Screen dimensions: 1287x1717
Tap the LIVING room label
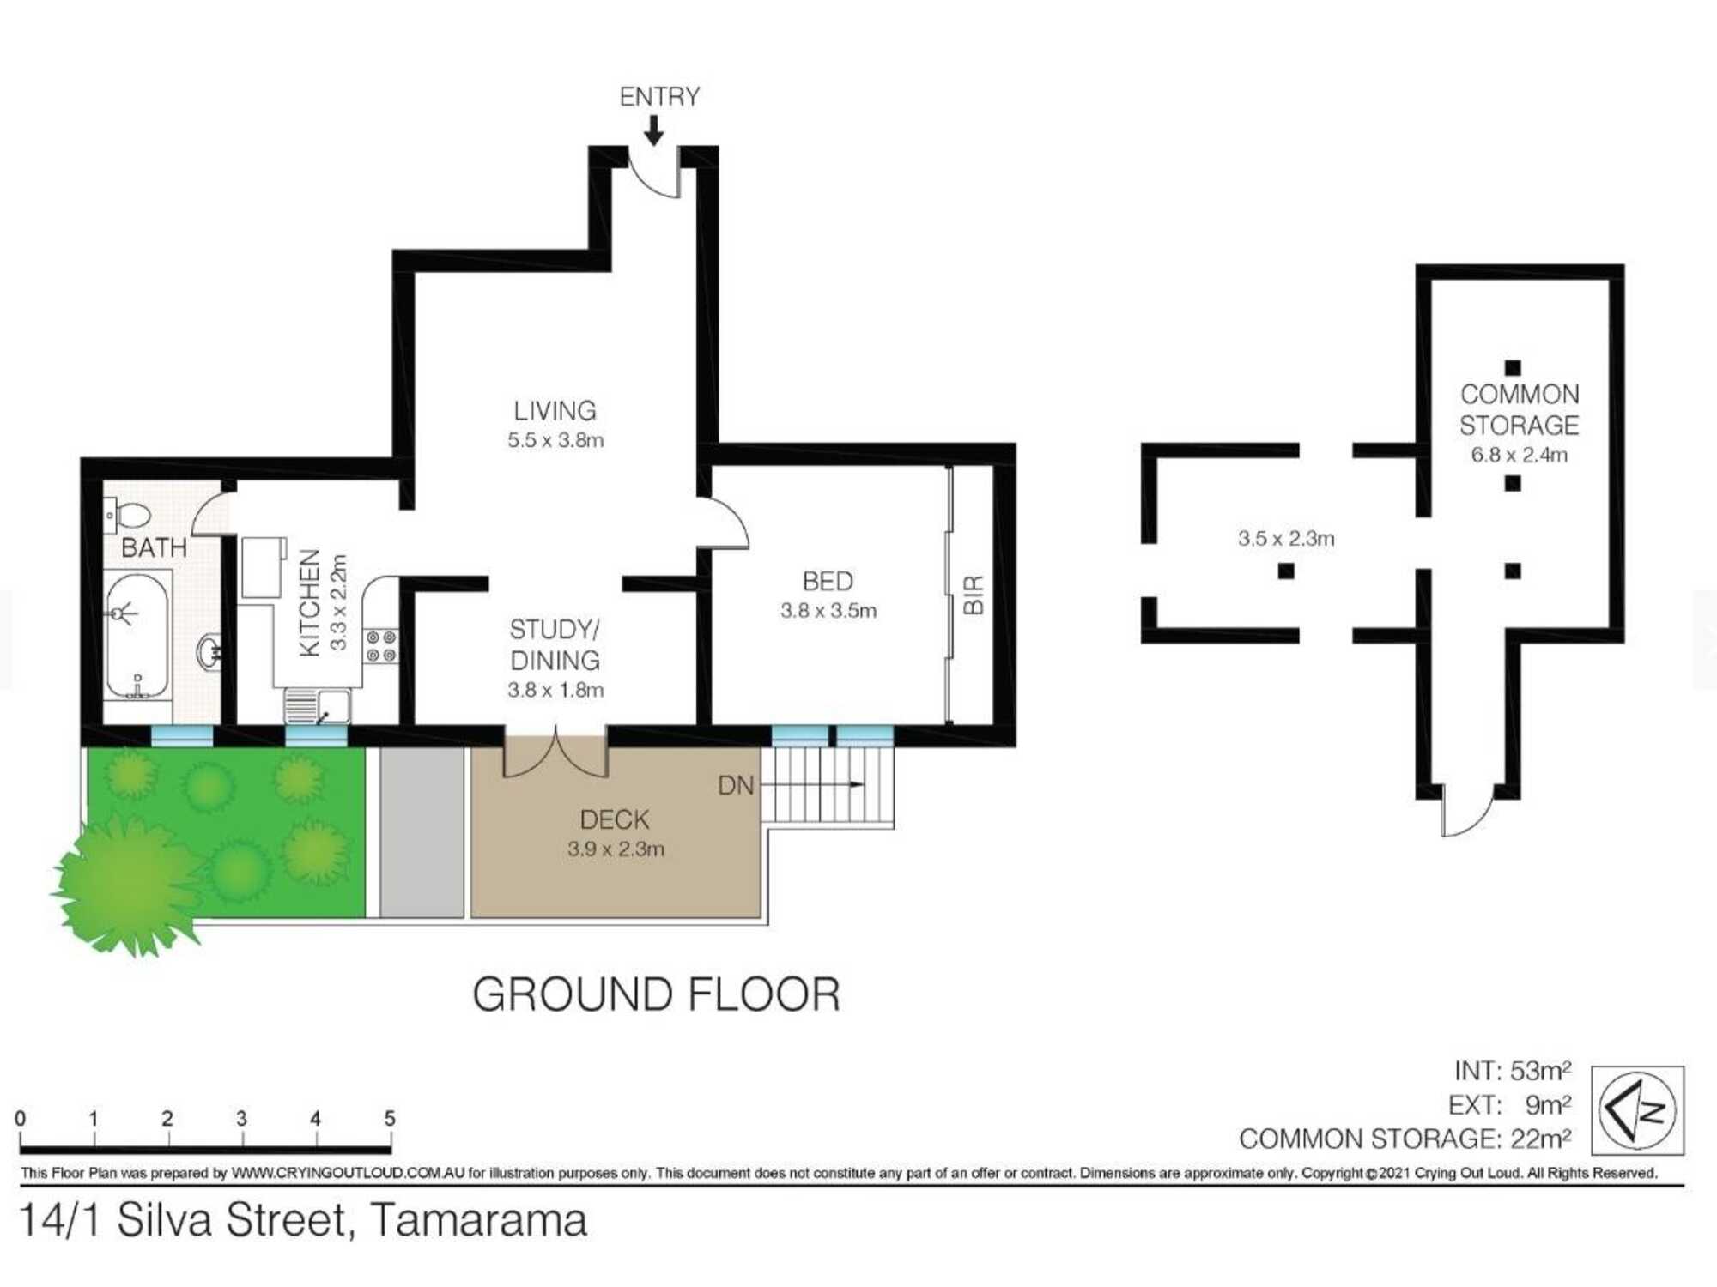click(555, 411)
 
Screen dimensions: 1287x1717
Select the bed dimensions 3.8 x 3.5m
click(828, 611)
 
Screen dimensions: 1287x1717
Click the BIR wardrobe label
click(974, 595)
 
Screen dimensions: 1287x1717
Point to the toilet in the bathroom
click(129, 516)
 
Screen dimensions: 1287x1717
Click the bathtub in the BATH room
click(137, 635)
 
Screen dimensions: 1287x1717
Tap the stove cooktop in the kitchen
click(381, 646)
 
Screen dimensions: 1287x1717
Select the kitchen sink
click(318, 707)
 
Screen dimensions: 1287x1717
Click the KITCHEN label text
click(310, 603)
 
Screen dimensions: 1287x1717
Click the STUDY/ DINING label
click(555, 645)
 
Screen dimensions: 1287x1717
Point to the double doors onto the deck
click(555, 752)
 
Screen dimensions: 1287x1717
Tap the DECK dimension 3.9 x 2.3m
click(616, 849)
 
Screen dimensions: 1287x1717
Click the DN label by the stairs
click(736, 785)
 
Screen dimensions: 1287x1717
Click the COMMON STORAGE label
click(1519, 410)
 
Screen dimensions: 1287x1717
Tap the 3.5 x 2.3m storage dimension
click(1285, 539)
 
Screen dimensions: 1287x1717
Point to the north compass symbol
click(1637, 1110)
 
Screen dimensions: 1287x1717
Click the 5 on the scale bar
click(389, 1119)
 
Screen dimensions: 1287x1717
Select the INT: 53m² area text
click(1512, 1071)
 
